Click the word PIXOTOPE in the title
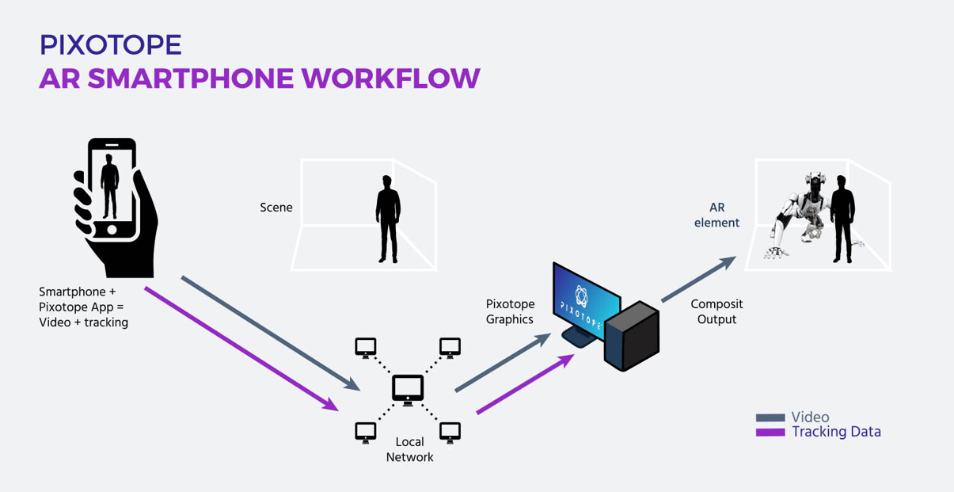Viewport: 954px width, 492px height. (x=111, y=44)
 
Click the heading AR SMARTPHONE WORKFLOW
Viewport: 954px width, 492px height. (x=259, y=78)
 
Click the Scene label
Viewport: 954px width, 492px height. (x=276, y=208)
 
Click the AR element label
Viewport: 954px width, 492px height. (x=716, y=215)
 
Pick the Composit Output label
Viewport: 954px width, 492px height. (x=716, y=311)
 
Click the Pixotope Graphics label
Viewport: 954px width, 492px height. (x=510, y=311)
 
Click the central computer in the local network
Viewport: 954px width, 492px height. (x=408, y=389)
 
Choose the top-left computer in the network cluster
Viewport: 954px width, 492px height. (x=365, y=347)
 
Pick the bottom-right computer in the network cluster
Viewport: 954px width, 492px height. (x=450, y=432)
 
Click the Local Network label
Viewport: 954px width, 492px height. (x=409, y=449)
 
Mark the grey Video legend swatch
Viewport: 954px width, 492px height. (x=770, y=418)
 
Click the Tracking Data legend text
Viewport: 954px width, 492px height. (x=836, y=432)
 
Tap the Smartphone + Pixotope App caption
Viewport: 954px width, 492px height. (x=83, y=307)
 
